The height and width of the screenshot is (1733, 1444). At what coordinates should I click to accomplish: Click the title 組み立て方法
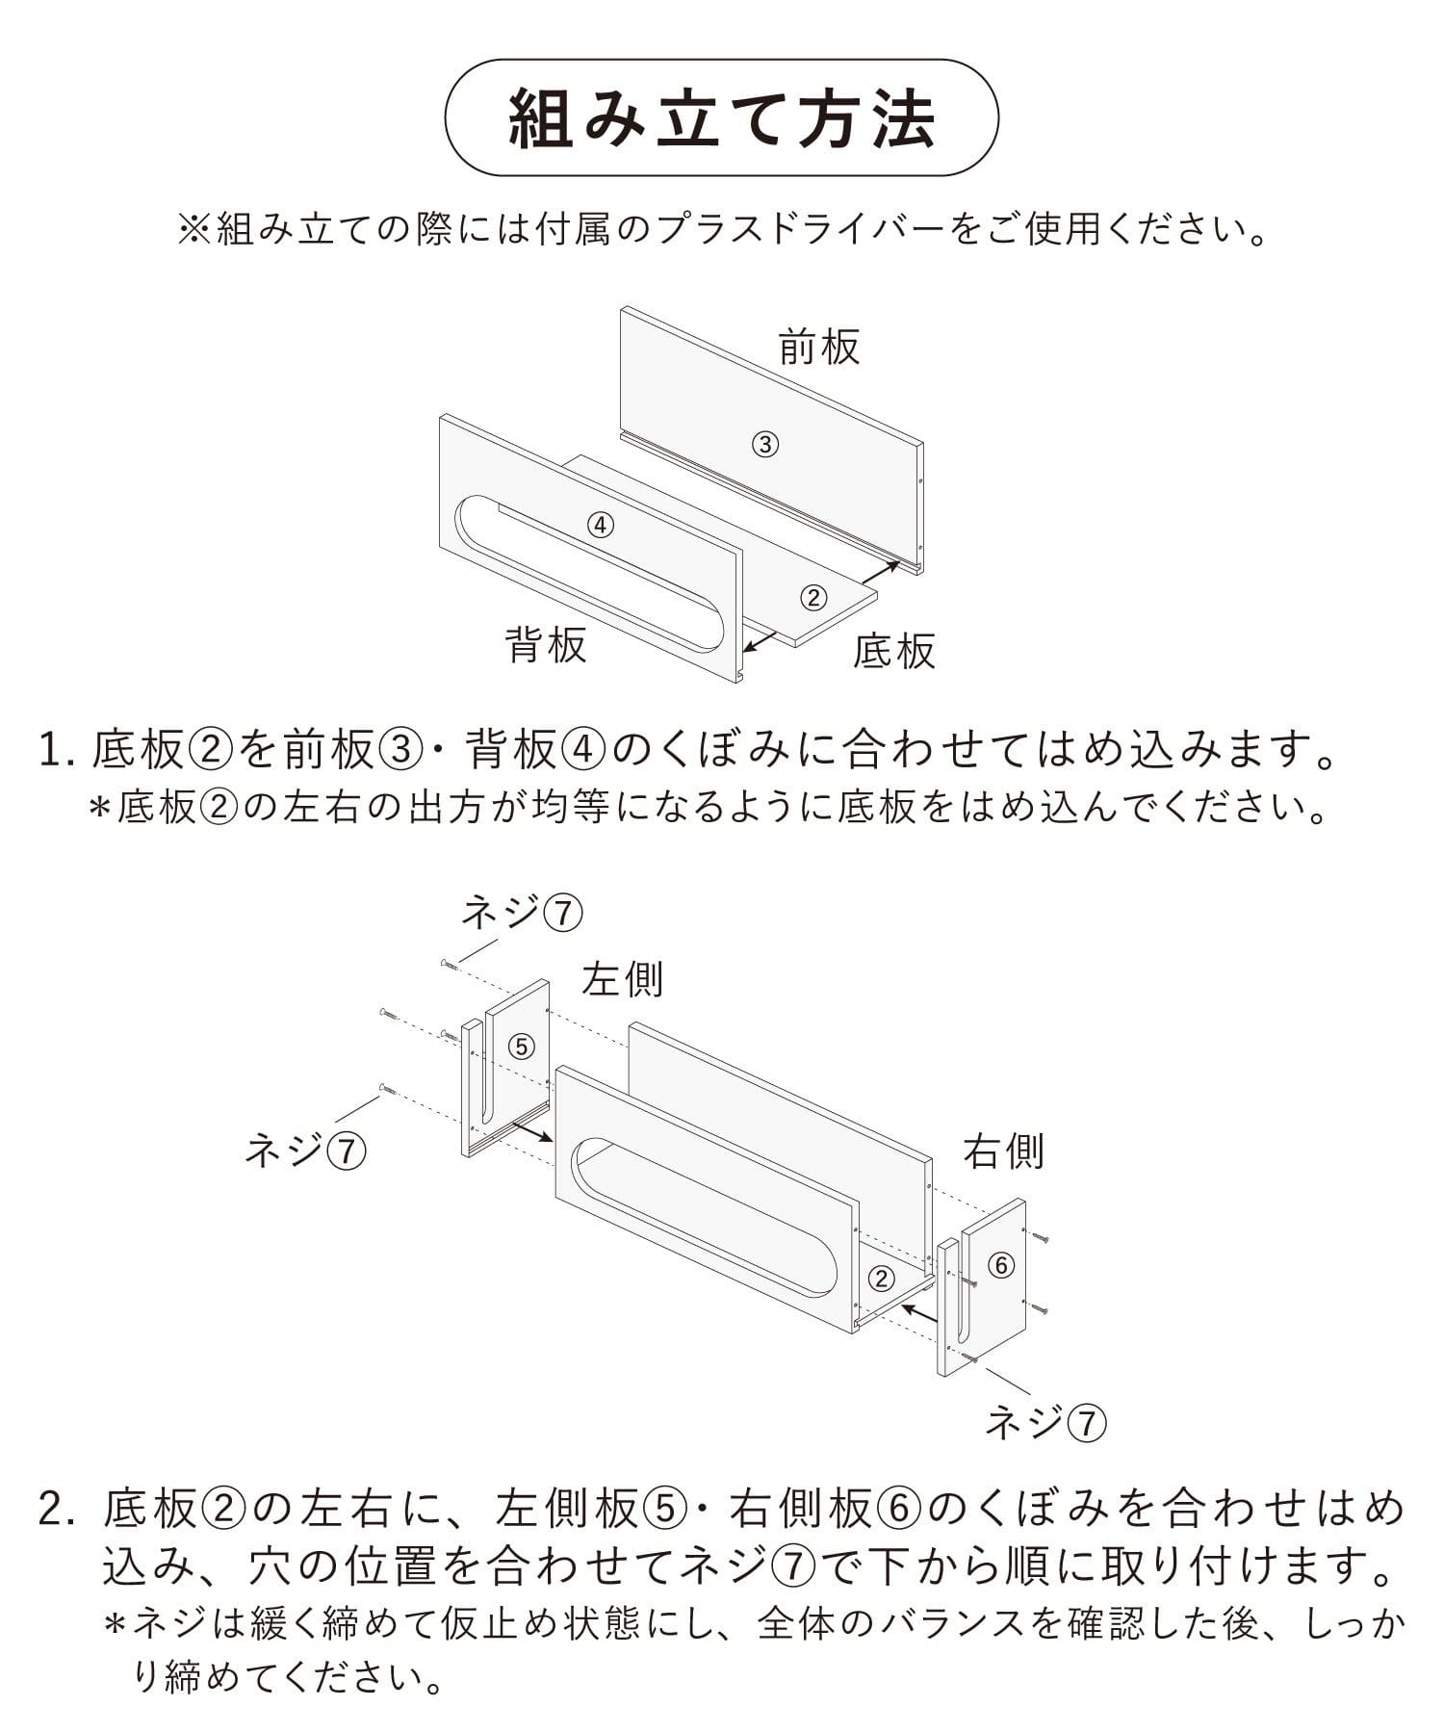(x=721, y=118)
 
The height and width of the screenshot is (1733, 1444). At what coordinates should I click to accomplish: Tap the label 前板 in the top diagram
(x=819, y=347)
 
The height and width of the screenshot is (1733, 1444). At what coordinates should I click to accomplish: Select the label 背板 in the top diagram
(x=546, y=644)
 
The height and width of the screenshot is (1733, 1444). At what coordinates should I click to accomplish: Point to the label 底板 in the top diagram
(x=894, y=652)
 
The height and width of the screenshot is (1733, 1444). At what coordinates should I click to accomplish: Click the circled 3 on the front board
(x=764, y=444)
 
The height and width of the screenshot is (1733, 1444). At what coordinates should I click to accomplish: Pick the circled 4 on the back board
(x=600, y=525)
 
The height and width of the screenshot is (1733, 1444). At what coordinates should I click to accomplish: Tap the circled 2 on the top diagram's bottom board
(x=813, y=598)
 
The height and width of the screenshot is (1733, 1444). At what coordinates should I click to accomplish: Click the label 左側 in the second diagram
(x=622, y=980)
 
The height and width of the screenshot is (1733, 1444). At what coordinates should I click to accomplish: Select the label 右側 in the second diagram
(x=1004, y=1151)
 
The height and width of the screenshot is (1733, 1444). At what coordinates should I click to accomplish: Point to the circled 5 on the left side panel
(x=521, y=1046)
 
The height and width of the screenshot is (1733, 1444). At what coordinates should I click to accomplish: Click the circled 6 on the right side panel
(x=1001, y=1265)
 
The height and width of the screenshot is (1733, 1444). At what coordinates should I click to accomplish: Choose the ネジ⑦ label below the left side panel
(x=305, y=1150)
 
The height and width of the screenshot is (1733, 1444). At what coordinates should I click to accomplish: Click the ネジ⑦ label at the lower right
(x=1045, y=1423)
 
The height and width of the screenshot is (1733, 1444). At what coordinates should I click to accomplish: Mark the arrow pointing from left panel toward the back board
(x=531, y=1130)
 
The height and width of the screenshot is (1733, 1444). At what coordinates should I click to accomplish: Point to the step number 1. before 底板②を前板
(x=57, y=750)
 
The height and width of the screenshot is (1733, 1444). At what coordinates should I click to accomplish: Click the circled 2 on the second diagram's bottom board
(x=881, y=1279)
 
